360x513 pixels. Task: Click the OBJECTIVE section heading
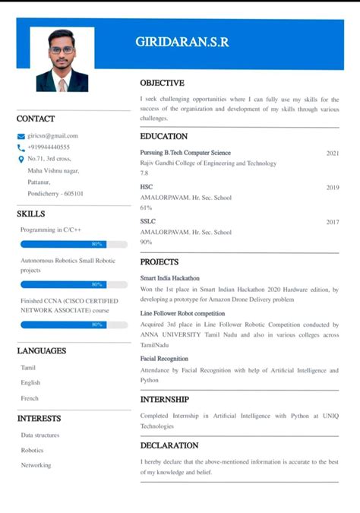pos(162,82)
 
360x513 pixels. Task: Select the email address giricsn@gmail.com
pos(52,136)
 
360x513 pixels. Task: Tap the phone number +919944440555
pos(49,147)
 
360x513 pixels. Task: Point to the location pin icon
pos(21,159)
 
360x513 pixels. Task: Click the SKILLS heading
pos(31,214)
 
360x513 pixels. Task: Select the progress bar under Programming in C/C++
pos(74,244)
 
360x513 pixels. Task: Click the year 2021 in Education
pos(333,153)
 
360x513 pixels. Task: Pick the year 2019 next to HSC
pos(333,187)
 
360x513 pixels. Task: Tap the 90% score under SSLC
pos(146,242)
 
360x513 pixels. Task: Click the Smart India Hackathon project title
pos(169,278)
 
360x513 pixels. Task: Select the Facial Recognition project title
pos(164,359)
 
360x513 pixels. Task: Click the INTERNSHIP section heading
pos(165,399)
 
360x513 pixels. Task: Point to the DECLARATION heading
pos(169,445)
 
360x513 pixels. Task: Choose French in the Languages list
pos(30,398)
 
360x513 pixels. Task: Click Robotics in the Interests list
pos(32,450)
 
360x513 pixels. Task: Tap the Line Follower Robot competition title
pos(182,313)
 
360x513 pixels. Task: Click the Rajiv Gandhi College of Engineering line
pos(208,163)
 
